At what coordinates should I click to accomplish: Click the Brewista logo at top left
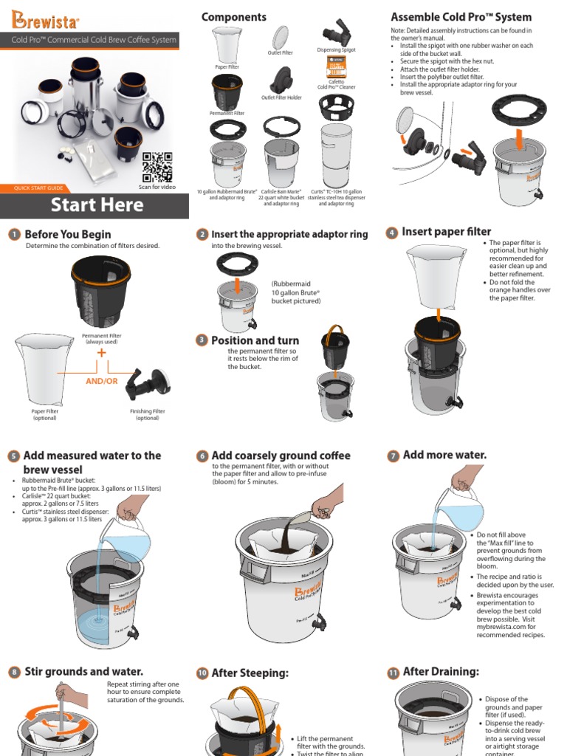tap(46, 16)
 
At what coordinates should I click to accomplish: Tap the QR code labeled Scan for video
tap(157, 167)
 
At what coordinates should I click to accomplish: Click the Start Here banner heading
tap(97, 205)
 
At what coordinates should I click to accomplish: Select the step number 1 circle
tap(14, 235)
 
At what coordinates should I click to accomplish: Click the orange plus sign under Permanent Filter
tap(101, 353)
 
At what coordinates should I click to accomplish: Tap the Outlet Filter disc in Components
tap(281, 37)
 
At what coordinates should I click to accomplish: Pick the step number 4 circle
tap(392, 233)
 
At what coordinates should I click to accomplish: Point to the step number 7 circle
tap(393, 456)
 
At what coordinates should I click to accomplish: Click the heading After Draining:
tap(441, 671)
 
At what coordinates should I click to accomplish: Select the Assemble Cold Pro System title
tap(461, 17)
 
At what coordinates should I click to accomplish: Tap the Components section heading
tap(234, 17)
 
